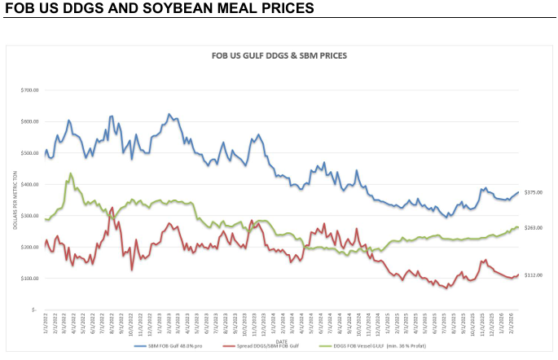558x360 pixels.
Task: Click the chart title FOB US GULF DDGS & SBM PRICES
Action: coord(280,56)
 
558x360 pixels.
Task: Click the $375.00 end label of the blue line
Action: coord(533,192)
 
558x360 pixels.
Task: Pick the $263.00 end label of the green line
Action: coord(533,228)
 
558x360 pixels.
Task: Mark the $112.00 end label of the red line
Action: coord(533,275)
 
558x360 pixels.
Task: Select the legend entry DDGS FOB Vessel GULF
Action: coord(383,345)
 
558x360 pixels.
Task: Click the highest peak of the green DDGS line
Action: coord(71,173)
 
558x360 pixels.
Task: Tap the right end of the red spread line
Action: coord(518,275)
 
